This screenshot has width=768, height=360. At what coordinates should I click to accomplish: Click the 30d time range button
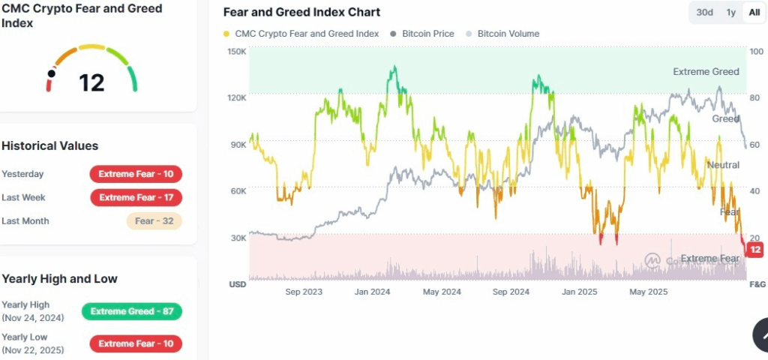(x=704, y=12)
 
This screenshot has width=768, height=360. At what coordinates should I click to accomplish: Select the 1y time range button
(x=730, y=12)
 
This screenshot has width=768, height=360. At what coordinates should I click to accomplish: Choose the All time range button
(x=754, y=12)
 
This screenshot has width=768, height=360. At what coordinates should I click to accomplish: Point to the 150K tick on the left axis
(x=237, y=51)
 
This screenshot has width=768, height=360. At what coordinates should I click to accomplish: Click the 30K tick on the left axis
(x=237, y=238)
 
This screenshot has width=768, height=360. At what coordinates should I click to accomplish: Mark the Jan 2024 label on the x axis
(x=372, y=292)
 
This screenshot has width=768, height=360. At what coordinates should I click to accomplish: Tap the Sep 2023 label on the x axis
(x=304, y=292)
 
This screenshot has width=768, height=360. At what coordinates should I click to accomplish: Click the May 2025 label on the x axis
(x=648, y=292)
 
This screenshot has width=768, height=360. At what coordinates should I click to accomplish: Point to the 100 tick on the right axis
(x=757, y=51)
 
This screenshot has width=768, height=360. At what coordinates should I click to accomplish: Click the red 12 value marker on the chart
(x=755, y=250)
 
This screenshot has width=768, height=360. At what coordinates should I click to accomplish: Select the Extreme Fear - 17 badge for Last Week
(x=136, y=197)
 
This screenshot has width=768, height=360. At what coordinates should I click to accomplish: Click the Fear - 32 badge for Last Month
(x=154, y=221)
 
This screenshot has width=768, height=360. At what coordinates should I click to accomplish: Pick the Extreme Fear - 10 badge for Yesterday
(x=136, y=174)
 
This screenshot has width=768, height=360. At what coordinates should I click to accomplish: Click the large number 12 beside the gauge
(x=91, y=82)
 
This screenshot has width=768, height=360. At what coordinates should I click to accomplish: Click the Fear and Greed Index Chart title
(x=301, y=12)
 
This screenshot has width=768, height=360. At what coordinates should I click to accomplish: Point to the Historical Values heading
(x=50, y=145)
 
